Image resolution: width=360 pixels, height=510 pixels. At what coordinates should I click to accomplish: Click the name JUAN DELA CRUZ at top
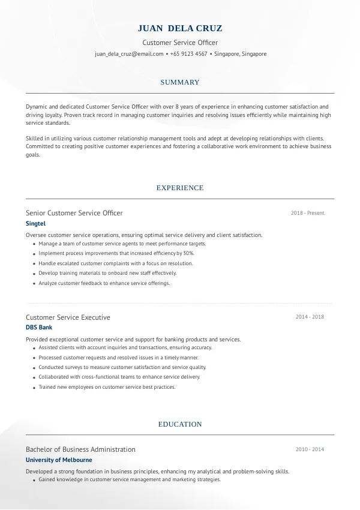[180, 28]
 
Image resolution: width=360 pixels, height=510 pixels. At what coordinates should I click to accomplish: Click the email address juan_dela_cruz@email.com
[129, 54]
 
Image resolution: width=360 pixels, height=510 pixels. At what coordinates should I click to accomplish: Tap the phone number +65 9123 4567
[188, 54]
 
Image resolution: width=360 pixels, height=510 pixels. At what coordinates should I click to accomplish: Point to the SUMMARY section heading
[180, 82]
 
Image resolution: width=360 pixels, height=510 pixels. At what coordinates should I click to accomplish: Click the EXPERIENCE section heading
[180, 188]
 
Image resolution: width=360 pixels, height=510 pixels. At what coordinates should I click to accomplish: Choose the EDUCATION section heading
[180, 424]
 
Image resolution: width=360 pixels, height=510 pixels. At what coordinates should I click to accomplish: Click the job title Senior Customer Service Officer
[74, 213]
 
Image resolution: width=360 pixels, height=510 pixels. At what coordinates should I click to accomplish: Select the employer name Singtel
[36, 224]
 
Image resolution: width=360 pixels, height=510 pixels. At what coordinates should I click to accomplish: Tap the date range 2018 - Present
[307, 213]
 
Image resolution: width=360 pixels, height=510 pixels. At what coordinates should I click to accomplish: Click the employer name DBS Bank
[39, 328]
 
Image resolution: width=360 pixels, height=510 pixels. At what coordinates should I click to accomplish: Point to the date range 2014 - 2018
[310, 317]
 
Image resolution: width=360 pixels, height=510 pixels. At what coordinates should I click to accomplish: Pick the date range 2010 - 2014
[310, 449]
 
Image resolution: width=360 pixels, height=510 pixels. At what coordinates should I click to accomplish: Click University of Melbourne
[59, 460]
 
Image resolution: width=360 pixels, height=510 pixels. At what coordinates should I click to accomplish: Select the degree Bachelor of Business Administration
[80, 449]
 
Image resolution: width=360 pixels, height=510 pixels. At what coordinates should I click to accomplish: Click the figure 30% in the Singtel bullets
[188, 254]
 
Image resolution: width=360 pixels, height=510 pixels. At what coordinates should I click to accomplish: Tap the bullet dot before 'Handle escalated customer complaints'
[32, 264]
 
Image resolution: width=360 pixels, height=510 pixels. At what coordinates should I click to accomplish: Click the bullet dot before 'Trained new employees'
[32, 388]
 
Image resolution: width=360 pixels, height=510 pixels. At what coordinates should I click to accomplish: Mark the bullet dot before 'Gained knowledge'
[32, 481]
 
